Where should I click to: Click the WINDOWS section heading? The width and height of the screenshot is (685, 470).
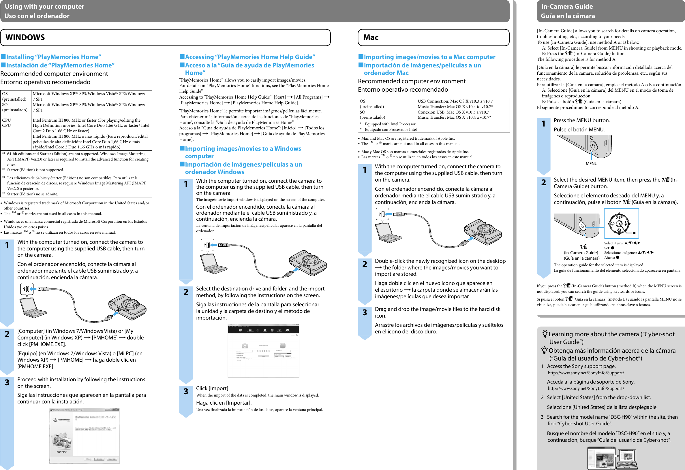[25, 37]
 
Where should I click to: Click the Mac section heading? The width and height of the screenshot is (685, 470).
[371, 37]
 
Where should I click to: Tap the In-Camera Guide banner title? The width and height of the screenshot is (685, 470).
[566, 6]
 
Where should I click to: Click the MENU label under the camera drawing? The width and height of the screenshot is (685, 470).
[591, 164]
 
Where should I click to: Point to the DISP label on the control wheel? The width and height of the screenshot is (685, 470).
[619, 217]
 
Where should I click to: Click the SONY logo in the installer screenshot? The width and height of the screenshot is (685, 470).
[62, 452]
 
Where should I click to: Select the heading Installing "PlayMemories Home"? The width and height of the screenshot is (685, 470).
[53, 57]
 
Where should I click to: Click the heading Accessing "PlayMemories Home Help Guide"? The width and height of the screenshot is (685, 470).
[250, 57]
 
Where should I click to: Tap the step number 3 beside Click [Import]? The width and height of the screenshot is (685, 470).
[186, 391]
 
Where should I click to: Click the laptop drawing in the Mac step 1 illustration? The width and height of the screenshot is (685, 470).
[387, 233]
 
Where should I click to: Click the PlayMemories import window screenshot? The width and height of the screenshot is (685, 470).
[264, 350]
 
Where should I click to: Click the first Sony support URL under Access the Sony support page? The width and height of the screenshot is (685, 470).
[586, 373]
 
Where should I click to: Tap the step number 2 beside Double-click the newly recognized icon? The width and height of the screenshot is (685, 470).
[365, 264]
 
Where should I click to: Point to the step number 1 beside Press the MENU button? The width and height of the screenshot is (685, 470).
[543, 123]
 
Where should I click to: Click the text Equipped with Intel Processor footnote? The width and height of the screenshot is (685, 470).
[390, 124]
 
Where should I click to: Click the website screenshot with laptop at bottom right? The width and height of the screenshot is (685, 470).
[612, 458]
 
